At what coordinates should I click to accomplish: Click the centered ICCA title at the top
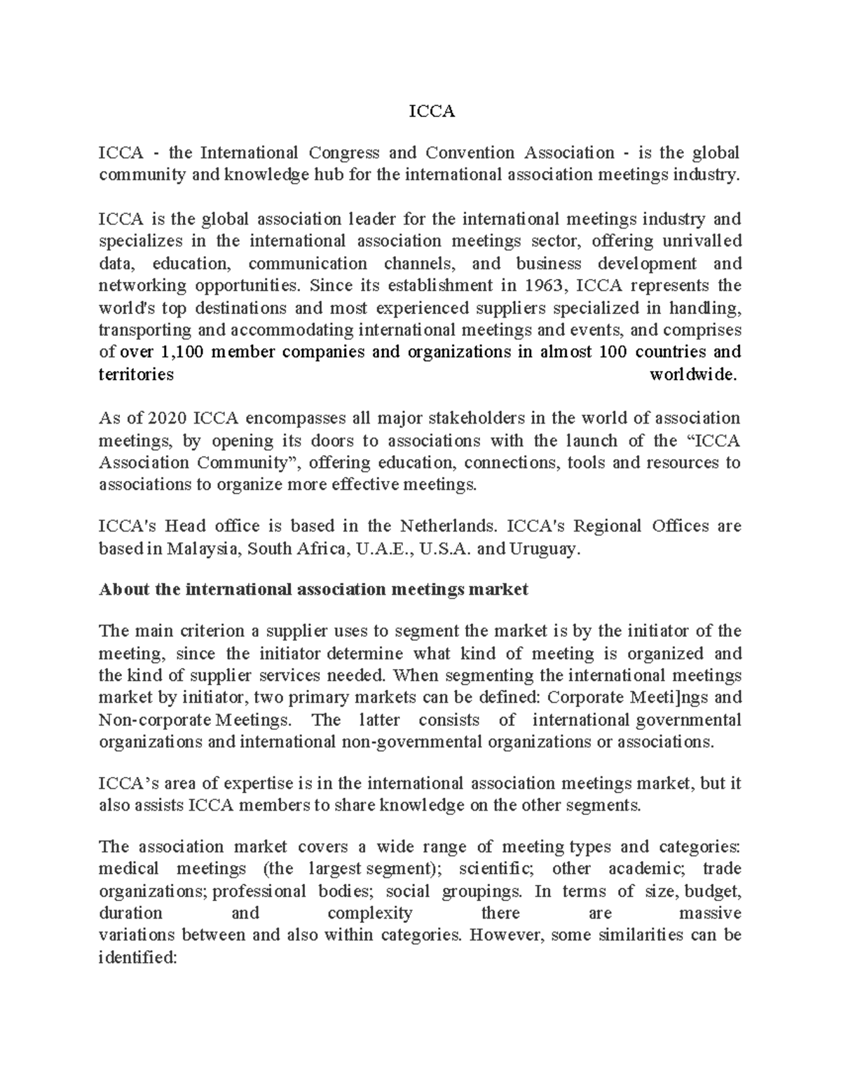[432, 111]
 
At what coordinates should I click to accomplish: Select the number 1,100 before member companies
[183, 352]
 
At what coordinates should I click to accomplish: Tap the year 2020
[167, 419]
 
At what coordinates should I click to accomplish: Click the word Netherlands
[447, 526]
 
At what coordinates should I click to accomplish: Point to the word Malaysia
[203, 548]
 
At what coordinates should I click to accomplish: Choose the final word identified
[139, 957]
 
